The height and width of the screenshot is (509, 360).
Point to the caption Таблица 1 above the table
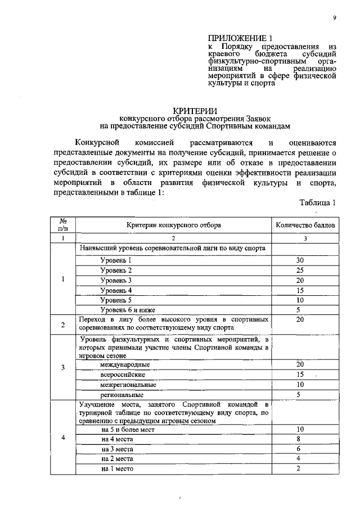point(318,203)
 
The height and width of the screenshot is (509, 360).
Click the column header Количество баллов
point(306,225)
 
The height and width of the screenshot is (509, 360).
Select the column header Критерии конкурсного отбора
point(173,225)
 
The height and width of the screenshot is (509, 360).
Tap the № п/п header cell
point(64,225)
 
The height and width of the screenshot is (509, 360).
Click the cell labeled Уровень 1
point(116,260)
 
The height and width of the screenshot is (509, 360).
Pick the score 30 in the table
point(300,260)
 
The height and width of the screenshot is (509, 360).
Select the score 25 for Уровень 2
point(300,270)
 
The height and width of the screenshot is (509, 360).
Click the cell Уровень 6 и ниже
point(128,309)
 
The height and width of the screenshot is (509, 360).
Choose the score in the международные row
point(300,364)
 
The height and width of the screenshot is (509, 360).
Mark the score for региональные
point(300,395)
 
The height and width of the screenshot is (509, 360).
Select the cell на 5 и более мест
point(128,429)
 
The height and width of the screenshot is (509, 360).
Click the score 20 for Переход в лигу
point(300,319)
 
